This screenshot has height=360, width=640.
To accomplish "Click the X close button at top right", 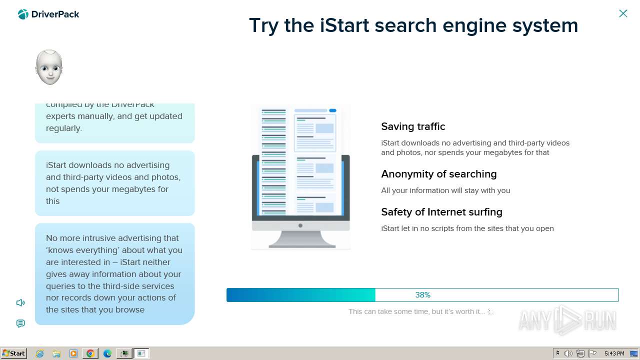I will pyautogui.click(x=623, y=13).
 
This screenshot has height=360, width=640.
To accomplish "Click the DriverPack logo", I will pyautogui.click(x=48, y=14).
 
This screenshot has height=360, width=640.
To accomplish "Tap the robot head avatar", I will pyautogui.click(x=49, y=67).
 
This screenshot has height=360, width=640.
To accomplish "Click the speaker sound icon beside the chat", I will pyautogui.click(x=20, y=302).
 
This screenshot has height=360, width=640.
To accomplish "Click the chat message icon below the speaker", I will pyautogui.click(x=20, y=323).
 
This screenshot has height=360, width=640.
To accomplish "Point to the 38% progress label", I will pyautogui.click(x=422, y=295).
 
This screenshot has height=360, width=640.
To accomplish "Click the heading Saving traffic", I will pyautogui.click(x=413, y=126).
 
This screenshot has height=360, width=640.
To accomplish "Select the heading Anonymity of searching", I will pyautogui.click(x=438, y=174).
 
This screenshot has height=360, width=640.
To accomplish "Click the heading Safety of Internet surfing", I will pyautogui.click(x=441, y=212).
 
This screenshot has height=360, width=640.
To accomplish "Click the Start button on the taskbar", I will pyautogui.click(x=14, y=353).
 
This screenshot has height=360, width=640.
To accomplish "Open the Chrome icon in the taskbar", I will pyautogui.click(x=90, y=353).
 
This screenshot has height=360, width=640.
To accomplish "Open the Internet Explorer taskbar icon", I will pyautogui.click(x=40, y=353).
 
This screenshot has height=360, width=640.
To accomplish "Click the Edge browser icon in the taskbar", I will pyautogui.click(x=107, y=353).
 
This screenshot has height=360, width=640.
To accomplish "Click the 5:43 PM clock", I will pyautogui.click(x=614, y=353).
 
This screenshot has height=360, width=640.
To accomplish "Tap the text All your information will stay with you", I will pyautogui.click(x=445, y=190).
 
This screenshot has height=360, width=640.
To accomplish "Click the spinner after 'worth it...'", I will pyautogui.click(x=491, y=311).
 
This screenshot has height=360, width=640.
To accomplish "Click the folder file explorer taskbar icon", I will pyautogui.click(x=56, y=353).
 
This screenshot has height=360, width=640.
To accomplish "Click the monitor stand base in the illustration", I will pyautogui.click(x=301, y=244).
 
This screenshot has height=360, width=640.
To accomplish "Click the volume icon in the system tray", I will pyautogui.click(x=568, y=353).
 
